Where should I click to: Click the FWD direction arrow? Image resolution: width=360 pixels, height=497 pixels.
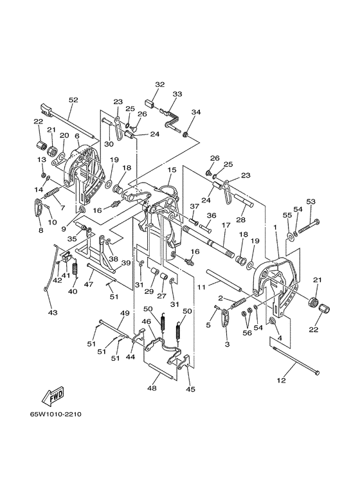point(53,396)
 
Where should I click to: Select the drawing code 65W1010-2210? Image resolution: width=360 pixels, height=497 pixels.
point(56,414)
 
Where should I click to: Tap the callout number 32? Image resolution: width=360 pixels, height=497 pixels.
point(160,84)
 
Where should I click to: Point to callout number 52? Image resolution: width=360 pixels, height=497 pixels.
point(73,100)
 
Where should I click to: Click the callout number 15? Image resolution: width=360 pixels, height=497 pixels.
point(172,170)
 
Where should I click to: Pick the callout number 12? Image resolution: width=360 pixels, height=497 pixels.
point(282,381)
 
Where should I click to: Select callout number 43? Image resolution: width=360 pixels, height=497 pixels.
point(53,312)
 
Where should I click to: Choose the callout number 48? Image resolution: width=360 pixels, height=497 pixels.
point(152,388)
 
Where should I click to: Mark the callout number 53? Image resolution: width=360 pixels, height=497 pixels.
point(311,201)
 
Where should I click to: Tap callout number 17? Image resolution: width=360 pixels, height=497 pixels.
point(226,225)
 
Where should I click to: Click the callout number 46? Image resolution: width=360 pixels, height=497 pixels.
point(146,321)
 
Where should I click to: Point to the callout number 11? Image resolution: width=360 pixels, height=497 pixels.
point(202,287)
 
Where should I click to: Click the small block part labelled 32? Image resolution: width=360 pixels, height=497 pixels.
point(150,104)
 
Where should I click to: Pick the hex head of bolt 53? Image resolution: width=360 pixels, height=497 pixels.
point(317,221)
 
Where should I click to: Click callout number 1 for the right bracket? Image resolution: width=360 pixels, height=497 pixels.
point(275,227)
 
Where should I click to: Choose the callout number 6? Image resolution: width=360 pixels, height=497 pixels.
point(77,136)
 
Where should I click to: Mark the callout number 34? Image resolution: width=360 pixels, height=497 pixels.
point(196,113)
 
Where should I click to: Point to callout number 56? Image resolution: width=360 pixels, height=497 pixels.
point(248,333)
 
